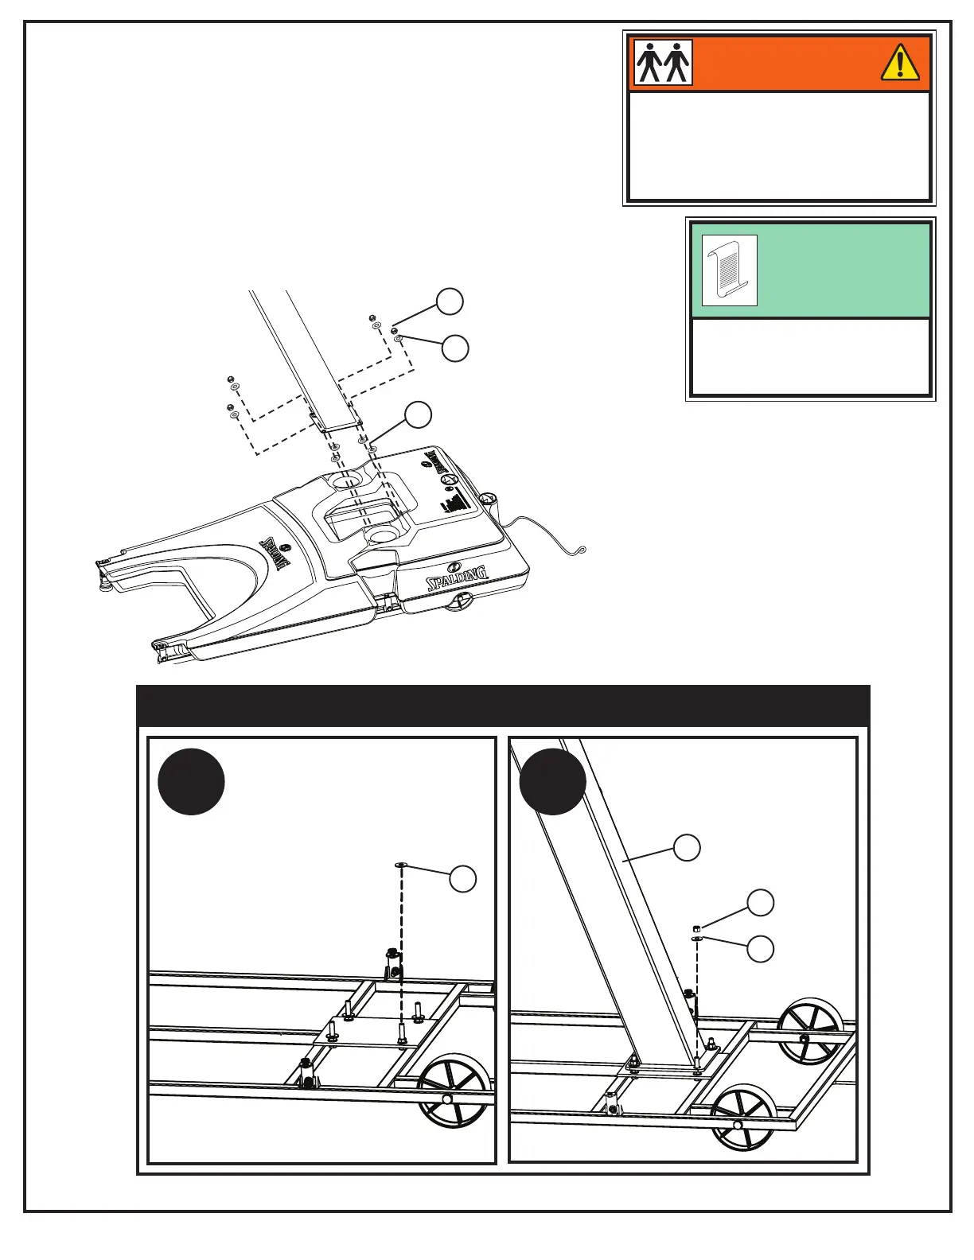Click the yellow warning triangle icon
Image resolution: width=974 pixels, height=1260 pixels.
[900, 63]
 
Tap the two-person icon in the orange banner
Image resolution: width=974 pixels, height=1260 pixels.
[663, 63]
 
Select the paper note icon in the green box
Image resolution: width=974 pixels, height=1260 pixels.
[729, 270]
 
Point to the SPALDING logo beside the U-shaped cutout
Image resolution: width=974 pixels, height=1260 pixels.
[275, 554]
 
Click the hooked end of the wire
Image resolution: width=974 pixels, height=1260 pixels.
[582, 548]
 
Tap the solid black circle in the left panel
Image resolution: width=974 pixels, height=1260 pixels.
[191, 782]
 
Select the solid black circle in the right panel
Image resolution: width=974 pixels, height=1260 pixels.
[552, 782]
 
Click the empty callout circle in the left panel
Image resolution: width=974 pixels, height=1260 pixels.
[463, 879]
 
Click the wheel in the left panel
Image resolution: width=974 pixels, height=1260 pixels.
[452, 1090]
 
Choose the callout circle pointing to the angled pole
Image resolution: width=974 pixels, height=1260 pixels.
[688, 847]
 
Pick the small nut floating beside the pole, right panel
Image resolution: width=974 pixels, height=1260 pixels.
[696, 927]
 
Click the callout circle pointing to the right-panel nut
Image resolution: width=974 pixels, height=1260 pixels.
[761, 902]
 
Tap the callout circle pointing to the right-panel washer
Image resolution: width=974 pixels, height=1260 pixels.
[761, 949]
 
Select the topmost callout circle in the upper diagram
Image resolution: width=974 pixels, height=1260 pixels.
[450, 301]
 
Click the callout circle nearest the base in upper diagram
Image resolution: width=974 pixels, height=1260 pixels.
[419, 415]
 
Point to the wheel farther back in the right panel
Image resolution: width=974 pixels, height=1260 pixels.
[810, 1030]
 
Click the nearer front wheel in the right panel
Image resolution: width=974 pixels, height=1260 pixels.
[743, 1117]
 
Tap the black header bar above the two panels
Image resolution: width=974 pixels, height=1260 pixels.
[503, 706]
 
